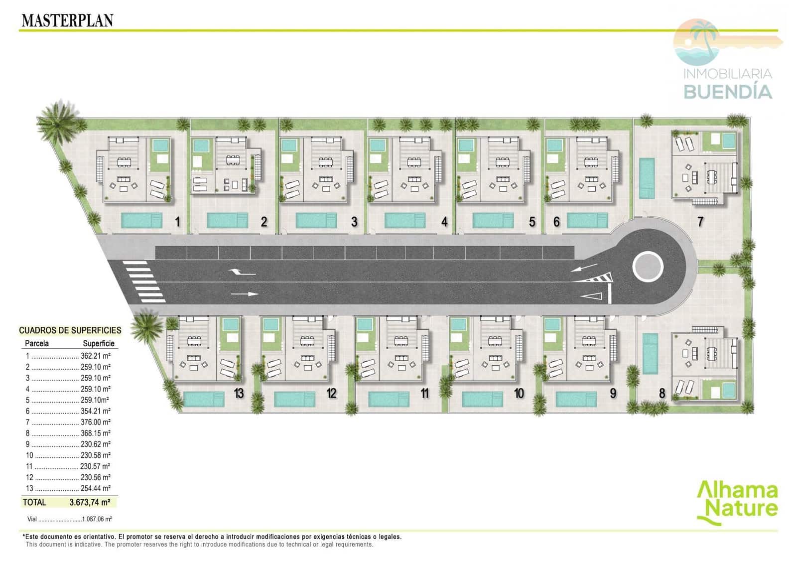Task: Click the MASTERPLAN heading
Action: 68,20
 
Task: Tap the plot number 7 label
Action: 700,222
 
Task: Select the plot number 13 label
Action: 239,393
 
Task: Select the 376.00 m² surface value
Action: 95,422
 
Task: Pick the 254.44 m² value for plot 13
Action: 95,488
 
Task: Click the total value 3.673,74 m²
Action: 90,502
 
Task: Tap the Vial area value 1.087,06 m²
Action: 97,519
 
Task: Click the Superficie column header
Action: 99,343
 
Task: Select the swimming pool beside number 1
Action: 141,221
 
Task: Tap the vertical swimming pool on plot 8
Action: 650,353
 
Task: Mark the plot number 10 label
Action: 519,393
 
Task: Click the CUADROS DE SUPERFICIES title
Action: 70,330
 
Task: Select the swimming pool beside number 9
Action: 576,399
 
